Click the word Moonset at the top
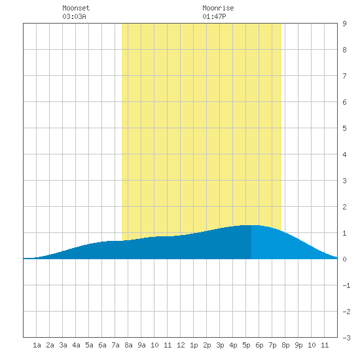pyautogui.click(x=76, y=8)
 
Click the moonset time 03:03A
pyautogui.click(x=74, y=16)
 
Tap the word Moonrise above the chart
pyautogui.click(x=218, y=8)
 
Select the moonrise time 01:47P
pyautogui.click(x=214, y=16)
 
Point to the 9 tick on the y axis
pyautogui.click(x=344, y=24)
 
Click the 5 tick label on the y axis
pyautogui.click(x=344, y=128)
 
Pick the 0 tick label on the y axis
pyautogui.click(x=344, y=259)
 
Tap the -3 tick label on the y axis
pyautogui.click(x=346, y=338)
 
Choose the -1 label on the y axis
pyautogui.click(x=346, y=285)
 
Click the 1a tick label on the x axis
pyautogui.click(x=37, y=345)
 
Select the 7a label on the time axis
pyautogui.click(x=115, y=345)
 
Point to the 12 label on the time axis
pyautogui.click(x=181, y=345)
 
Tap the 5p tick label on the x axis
pyautogui.click(x=246, y=345)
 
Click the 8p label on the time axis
pyautogui.click(x=285, y=345)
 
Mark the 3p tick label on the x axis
pyautogui.click(x=220, y=345)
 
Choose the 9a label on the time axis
pyautogui.click(x=141, y=345)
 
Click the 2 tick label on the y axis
pyautogui.click(x=344, y=207)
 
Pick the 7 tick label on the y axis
pyautogui.click(x=344, y=76)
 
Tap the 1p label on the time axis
pyautogui.click(x=194, y=345)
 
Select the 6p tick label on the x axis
pyautogui.click(x=259, y=345)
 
